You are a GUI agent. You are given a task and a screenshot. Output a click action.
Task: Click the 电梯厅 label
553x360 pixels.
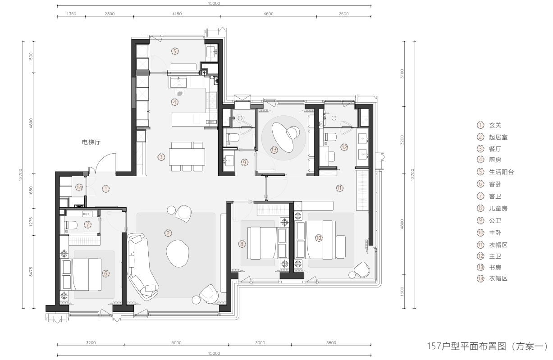pos(91,142)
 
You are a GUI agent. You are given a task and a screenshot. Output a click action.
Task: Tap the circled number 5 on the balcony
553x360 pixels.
pos(175,51)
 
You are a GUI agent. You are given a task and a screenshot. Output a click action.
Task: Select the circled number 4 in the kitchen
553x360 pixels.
pos(174,102)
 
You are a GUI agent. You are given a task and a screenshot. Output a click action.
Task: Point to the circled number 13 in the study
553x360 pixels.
pos(274,150)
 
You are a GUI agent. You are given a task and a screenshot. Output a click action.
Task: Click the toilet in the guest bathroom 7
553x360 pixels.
pos(71,225)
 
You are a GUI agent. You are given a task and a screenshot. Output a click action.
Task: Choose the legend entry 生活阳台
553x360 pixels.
pos(501,172)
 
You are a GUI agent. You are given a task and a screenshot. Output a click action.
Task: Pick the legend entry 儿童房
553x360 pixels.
pos(498,209)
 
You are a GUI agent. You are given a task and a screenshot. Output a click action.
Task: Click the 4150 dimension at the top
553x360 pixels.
pos(177,14)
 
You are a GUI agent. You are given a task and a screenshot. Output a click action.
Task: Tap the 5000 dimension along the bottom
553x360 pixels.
pos(176,343)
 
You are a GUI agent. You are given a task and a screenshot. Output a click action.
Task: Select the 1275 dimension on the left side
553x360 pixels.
pos(31,222)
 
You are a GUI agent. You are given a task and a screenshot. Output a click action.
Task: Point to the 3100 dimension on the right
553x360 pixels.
pos(402,74)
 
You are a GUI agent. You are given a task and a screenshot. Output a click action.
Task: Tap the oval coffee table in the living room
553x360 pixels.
pos(178,253)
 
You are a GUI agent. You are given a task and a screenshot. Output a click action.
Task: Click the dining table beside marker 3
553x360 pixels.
pos(187,157)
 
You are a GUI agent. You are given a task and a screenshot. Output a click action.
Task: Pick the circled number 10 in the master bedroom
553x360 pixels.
pos(319,238)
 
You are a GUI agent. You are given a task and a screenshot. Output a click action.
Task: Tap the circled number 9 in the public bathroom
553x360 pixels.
pos(244,162)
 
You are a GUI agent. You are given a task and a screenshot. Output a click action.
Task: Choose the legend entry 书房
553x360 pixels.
pos(495,268)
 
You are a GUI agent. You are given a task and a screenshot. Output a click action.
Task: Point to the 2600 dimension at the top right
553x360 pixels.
pos(343,14)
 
